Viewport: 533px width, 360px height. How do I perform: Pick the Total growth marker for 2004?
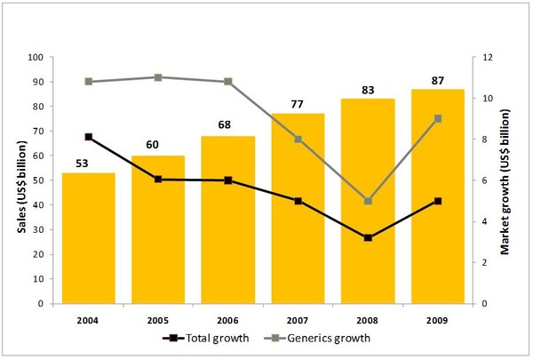[88, 137]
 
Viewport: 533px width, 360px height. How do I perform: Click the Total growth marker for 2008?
[368, 237]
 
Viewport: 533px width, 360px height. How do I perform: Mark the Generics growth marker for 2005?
[158, 77]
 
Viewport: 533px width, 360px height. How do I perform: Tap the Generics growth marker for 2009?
[437, 118]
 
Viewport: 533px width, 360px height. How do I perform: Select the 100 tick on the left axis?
[36, 57]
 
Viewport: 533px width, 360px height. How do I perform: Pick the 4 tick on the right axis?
[485, 221]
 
